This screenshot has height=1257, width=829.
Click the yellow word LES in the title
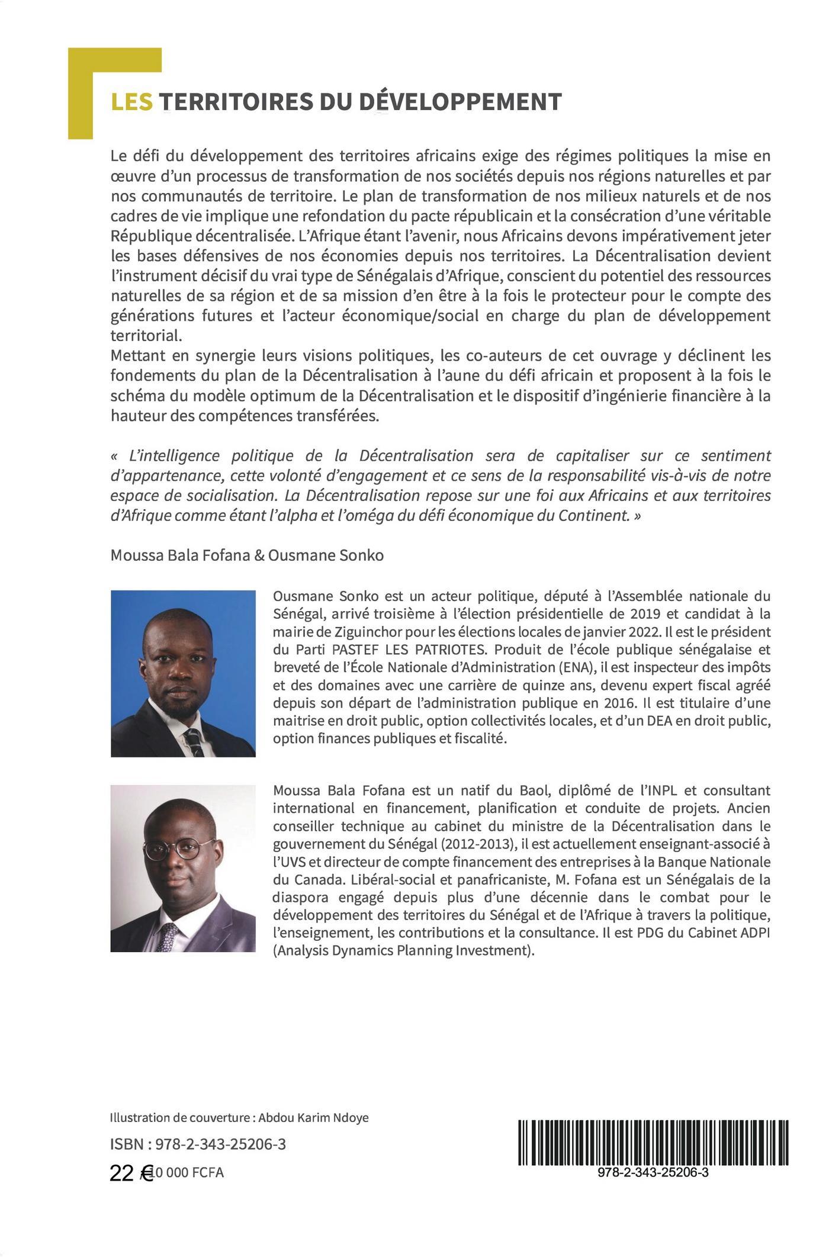(131, 102)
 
